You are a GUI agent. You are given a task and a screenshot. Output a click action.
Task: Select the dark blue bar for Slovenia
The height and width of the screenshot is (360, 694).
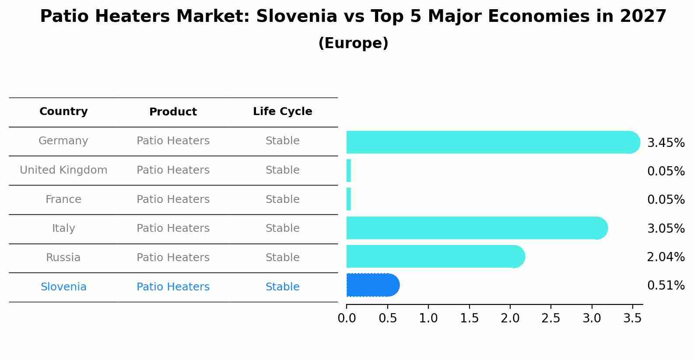tap(372, 285)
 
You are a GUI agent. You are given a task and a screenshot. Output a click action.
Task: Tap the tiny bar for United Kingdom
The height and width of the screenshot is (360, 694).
tap(349, 171)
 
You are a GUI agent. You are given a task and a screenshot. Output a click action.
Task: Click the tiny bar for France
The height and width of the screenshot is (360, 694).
tap(349, 199)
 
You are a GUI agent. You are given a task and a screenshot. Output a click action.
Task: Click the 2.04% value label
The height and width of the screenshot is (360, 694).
tap(666, 257)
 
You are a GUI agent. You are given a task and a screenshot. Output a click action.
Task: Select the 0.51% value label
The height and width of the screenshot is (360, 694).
tap(666, 286)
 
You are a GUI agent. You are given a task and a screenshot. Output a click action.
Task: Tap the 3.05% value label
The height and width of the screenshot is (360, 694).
tap(666, 228)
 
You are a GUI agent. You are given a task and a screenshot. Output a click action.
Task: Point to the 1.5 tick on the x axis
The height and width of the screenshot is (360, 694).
tap(469, 318)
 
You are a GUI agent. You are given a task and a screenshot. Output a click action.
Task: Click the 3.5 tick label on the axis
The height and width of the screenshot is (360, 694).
tap(632, 318)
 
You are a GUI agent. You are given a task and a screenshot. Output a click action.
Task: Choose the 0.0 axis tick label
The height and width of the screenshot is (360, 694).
tap(347, 318)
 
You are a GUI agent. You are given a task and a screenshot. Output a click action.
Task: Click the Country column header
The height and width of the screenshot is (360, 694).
tap(63, 112)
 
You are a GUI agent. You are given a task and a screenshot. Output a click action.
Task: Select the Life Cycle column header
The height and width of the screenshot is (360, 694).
tap(282, 112)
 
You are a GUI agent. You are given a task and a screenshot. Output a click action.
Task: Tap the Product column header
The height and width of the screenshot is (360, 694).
tap(173, 112)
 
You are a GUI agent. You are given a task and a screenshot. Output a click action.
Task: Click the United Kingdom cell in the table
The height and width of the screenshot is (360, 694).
tap(63, 170)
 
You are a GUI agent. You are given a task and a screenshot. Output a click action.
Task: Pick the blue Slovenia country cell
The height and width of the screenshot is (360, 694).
tap(63, 287)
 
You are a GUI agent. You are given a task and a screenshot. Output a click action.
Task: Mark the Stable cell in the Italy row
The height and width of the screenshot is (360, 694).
tap(282, 228)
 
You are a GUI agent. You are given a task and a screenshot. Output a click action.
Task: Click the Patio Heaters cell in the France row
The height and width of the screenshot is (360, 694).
tap(173, 199)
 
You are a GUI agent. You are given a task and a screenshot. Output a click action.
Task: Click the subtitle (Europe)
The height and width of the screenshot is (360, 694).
tap(353, 43)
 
